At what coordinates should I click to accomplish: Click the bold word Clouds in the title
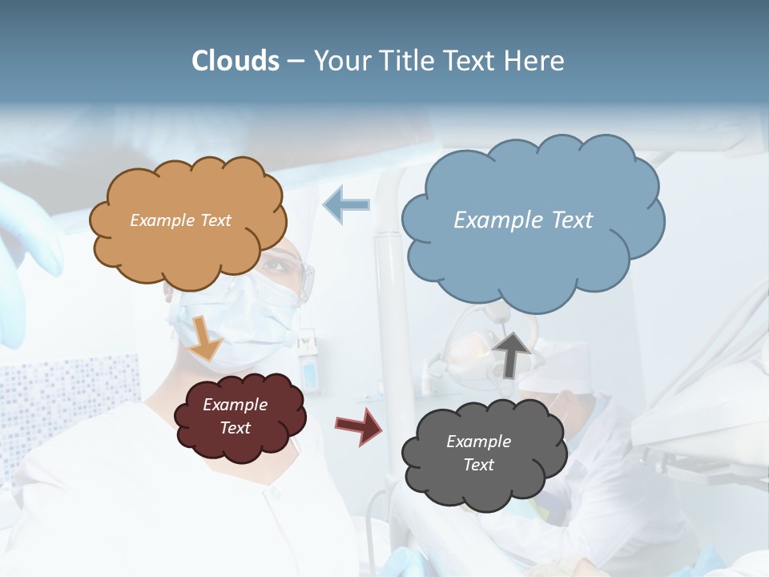pyautogui.click(x=236, y=61)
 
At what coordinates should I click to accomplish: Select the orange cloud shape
pyautogui.click(x=188, y=240)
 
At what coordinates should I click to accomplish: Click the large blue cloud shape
pyautogui.click(x=533, y=256)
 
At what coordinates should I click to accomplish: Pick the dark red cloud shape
pyautogui.click(x=240, y=441)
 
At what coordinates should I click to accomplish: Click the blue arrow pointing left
pyautogui.click(x=346, y=204)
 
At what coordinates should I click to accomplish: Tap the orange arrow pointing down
pyautogui.click(x=205, y=337)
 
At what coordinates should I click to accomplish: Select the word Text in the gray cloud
pyautogui.click(x=478, y=465)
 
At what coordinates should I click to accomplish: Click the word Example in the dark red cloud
pyautogui.click(x=235, y=405)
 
